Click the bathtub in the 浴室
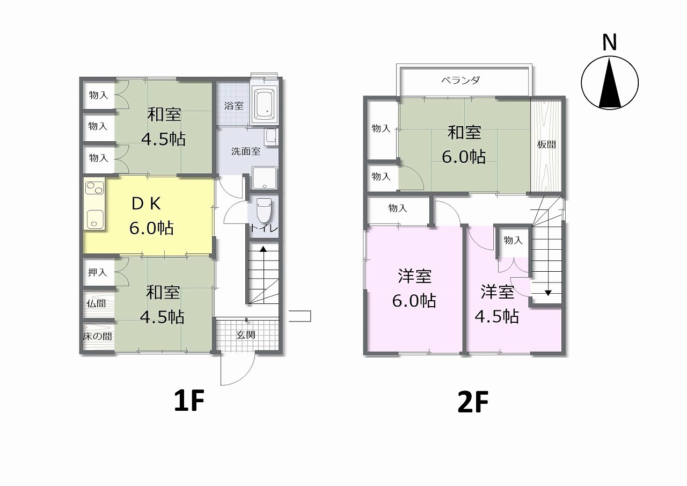pyautogui.click(x=265, y=105)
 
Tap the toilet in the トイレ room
pyautogui.click(x=264, y=210)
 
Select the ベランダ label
pyautogui.click(x=461, y=81)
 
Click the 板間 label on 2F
pyautogui.click(x=546, y=144)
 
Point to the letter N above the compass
pyautogui.click(x=609, y=42)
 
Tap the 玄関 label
pyautogui.click(x=246, y=335)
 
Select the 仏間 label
pyautogui.click(x=96, y=303)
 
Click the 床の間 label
pyautogui.click(x=97, y=336)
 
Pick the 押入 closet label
pyautogui.click(x=97, y=272)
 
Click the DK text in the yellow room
pyautogui.click(x=146, y=204)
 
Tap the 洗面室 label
pyautogui.click(x=246, y=151)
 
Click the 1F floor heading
pyautogui.click(x=189, y=400)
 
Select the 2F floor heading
pyautogui.click(x=473, y=402)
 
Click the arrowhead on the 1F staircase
pyautogui.click(x=264, y=249)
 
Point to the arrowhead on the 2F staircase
pyautogui.click(x=548, y=293)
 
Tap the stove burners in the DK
pyautogui.click(x=94, y=188)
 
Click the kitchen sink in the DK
pyautogui.click(x=94, y=219)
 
